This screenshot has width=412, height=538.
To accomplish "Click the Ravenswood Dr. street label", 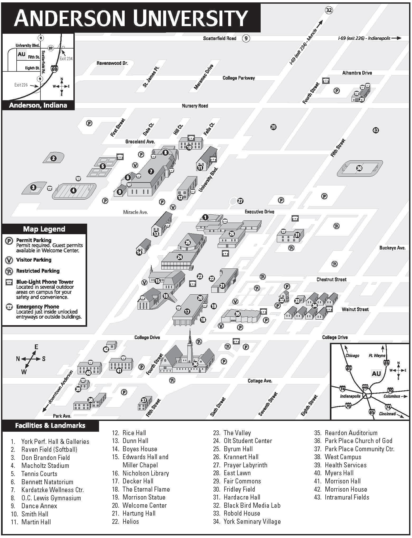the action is coord(112,63).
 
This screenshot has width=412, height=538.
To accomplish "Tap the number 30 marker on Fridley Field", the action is coord(359,168).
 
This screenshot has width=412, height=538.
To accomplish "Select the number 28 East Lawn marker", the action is coord(273,127).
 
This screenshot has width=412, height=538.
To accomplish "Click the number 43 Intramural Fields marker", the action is coord(375,130).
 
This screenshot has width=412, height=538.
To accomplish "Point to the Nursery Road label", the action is coord(195,106).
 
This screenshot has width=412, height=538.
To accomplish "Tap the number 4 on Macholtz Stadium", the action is coord(73,190).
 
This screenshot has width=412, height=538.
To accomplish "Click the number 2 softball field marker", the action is coord(54,158).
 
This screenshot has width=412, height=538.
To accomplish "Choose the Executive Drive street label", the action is coord(259,212).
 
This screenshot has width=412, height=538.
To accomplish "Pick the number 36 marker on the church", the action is coord(195,364).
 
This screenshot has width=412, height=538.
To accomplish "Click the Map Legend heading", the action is coord(44,229).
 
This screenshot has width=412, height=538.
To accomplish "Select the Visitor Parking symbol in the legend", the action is coord(9,260).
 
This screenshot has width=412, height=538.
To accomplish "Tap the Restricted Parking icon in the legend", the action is coord(9,271).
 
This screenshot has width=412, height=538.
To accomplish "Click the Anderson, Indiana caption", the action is coord(38,105).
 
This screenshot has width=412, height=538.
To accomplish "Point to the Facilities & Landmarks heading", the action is coord(50,425).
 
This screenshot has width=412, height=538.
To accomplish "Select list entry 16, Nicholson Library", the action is coord(146,473).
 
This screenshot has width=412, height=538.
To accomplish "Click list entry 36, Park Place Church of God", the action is coord(358,441).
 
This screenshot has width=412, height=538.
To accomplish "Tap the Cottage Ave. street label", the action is coord(260,381).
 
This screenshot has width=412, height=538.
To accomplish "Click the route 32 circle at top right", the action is coord(329,10).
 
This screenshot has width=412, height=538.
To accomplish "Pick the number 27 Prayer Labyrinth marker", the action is coord(240,201).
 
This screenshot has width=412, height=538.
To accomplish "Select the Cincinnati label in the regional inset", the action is coord(387,414).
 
